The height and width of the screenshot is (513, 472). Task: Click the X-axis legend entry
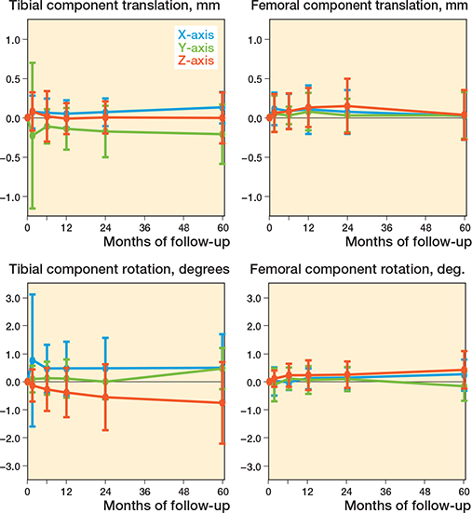coord(191,34)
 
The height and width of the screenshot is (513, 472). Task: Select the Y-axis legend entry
coord(191,47)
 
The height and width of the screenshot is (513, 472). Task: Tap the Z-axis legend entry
coord(191,61)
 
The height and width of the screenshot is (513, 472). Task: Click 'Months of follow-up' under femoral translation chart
coord(408,243)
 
